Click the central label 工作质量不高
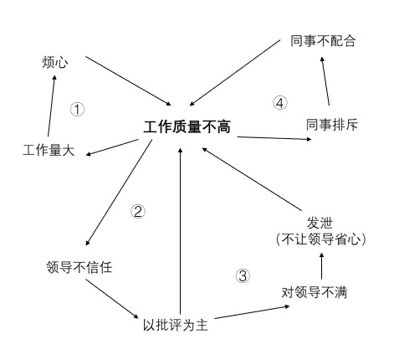187,127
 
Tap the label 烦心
55,62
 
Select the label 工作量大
49,150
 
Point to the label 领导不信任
79,267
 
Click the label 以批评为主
176,325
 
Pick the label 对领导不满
315,292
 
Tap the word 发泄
320,223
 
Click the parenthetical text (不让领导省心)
320,239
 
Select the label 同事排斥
332,125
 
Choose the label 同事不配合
323,41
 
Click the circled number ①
77,109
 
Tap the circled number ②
138,211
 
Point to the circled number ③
243,275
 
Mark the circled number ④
279,103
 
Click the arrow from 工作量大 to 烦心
52,106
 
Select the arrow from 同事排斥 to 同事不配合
325,81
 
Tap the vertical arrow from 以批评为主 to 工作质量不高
180,231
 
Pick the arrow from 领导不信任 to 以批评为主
112,299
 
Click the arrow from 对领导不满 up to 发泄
321,265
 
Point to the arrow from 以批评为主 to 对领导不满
252,312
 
